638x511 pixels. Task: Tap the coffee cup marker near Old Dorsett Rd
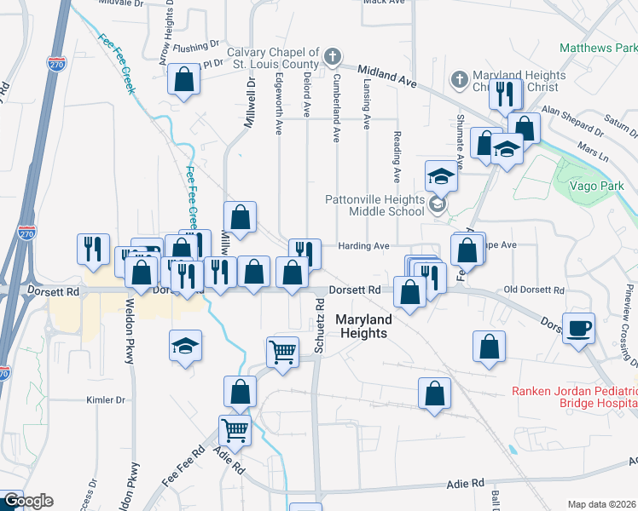tap(579, 329)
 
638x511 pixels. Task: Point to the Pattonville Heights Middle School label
tap(374, 206)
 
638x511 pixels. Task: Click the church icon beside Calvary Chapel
tap(333, 59)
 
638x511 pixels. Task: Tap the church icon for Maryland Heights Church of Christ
tap(459, 80)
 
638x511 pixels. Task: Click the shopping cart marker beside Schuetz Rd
tap(282, 350)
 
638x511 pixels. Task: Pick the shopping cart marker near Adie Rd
tap(235, 429)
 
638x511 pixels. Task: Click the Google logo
tap(28, 501)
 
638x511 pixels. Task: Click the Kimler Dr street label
tap(106, 399)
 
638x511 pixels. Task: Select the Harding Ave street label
tap(365, 246)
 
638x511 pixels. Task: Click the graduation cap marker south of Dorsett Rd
tap(185, 346)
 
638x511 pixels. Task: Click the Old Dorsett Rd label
tap(533, 290)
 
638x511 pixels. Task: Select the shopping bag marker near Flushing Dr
tap(184, 80)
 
